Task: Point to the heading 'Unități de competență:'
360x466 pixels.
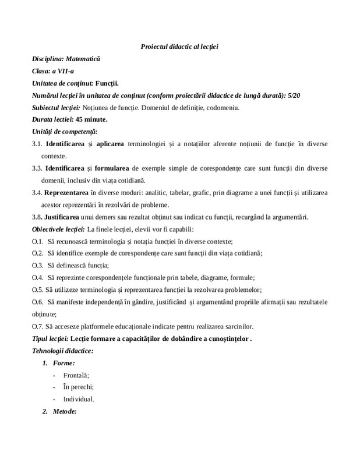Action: pos(65,132)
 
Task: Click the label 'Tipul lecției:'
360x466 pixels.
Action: pos(51,338)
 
